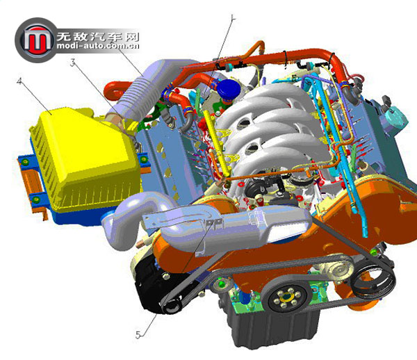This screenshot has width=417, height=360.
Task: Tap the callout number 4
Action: coord(19,81)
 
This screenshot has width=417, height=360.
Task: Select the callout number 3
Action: coord(72,63)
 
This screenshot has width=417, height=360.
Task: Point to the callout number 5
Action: coord(138,335)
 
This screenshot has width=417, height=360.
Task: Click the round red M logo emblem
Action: coord(37,40)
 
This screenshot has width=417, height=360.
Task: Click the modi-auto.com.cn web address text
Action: coord(97,45)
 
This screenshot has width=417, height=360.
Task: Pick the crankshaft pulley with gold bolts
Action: coord(286,295)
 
